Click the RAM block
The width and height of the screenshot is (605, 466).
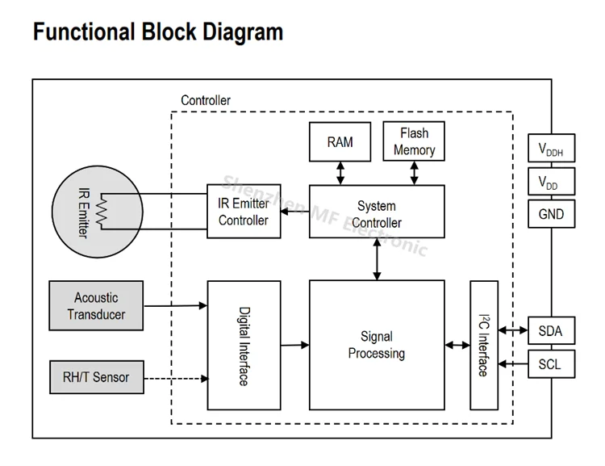(340, 142)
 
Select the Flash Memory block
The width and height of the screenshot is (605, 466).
(414, 141)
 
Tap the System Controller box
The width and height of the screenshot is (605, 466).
(377, 212)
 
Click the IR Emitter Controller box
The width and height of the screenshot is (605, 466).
(244, 212)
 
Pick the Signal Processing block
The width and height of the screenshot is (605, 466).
(377, 345)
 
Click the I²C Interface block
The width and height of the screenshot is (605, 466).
(483, 346)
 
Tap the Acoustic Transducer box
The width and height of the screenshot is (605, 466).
(96, 305)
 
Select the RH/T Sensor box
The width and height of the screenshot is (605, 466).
(96, 377)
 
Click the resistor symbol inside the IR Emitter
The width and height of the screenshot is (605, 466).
(102, 212)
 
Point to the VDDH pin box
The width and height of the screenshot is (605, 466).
(551, 149)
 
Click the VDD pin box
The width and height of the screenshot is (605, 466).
(551, 183)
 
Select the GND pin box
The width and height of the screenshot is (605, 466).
(551, 215)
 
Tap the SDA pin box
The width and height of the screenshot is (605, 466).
(550, 331)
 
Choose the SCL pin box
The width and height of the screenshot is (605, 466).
(550, 364)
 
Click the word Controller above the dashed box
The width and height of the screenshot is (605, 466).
(205, 101)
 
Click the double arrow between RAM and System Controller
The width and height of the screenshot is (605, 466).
(340, 172)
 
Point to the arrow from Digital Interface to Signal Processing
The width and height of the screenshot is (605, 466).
(294, 345)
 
